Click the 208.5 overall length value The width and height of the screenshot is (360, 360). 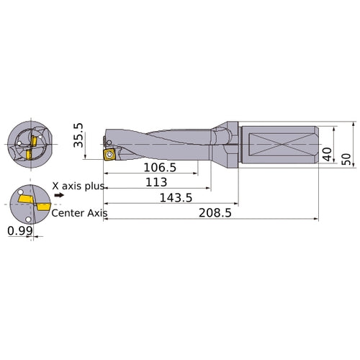coord(214,214)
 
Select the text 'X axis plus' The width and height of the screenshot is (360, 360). coord(78,186)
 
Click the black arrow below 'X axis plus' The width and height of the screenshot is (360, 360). coord(58,194)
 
